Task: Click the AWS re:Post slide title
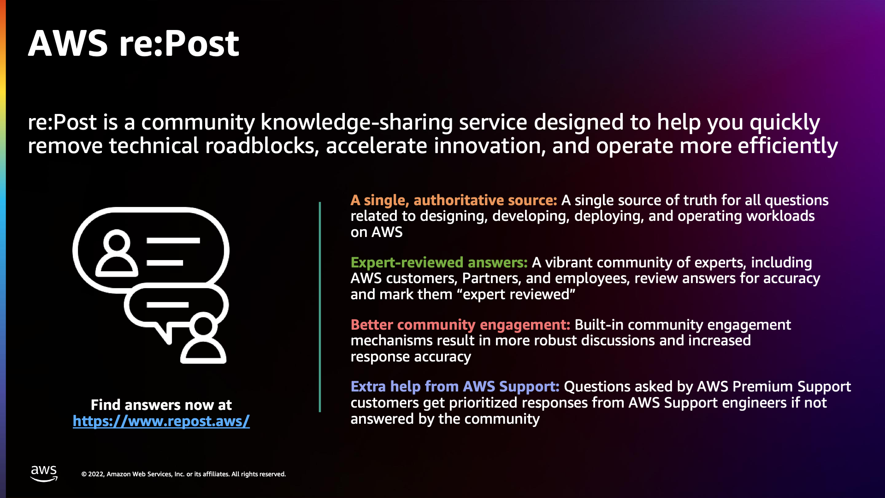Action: pos(134,44)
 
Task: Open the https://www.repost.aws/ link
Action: pos(161,421)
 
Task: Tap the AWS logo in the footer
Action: pos(44,473)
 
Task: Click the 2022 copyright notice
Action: pos(183,474)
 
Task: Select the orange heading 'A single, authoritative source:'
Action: pos(454,200)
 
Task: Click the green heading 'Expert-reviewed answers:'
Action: pos(439,262)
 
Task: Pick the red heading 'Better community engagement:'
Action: pos(460,325)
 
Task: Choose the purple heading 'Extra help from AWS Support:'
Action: pos(455,386)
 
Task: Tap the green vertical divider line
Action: pos(319,307)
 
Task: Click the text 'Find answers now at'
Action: pos(161,405)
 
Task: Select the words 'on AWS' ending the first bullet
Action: pos(376,232)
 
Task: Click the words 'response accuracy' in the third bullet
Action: pos(410,356)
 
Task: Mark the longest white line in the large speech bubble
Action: pos(173,240)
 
